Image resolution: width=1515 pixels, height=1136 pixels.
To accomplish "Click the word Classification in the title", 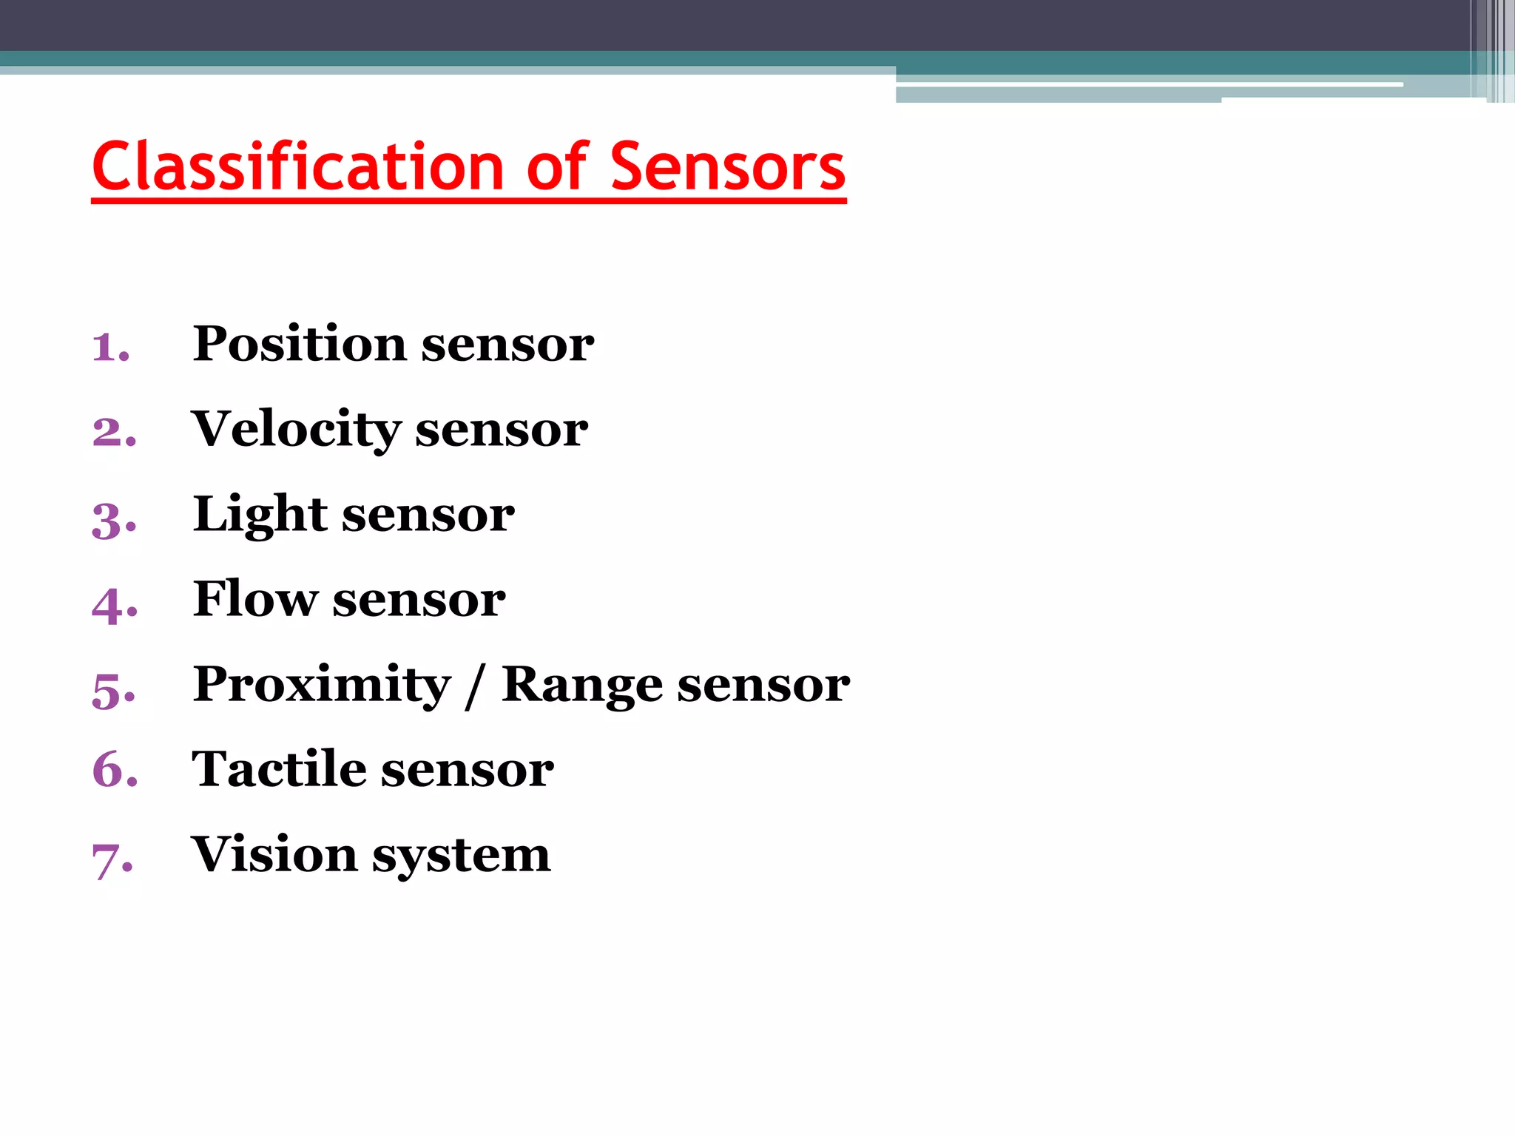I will tap(298, 166).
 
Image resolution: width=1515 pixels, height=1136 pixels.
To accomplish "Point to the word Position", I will tap(300, 344).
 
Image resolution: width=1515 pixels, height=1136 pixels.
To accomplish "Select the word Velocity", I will tap(296, 429).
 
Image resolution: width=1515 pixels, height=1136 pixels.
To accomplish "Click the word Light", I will tap(260, 515).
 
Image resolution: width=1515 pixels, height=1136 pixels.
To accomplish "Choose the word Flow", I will tap(255, 598).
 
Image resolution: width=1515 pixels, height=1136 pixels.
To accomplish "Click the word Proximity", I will tap(322, 684).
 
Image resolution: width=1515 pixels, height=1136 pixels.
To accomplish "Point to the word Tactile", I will tap(278, 769).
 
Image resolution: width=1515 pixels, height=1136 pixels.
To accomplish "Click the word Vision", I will tap(274, 854).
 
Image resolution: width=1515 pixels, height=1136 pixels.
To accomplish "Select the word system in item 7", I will tap(461, 856).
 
